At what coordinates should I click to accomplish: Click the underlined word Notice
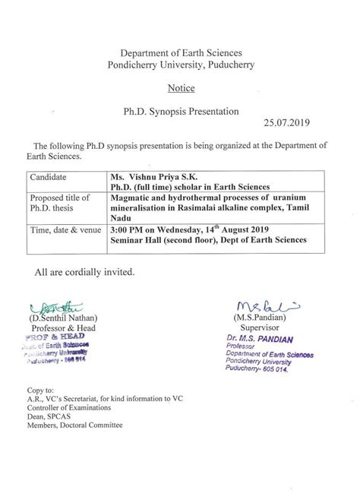coord(179,88)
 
